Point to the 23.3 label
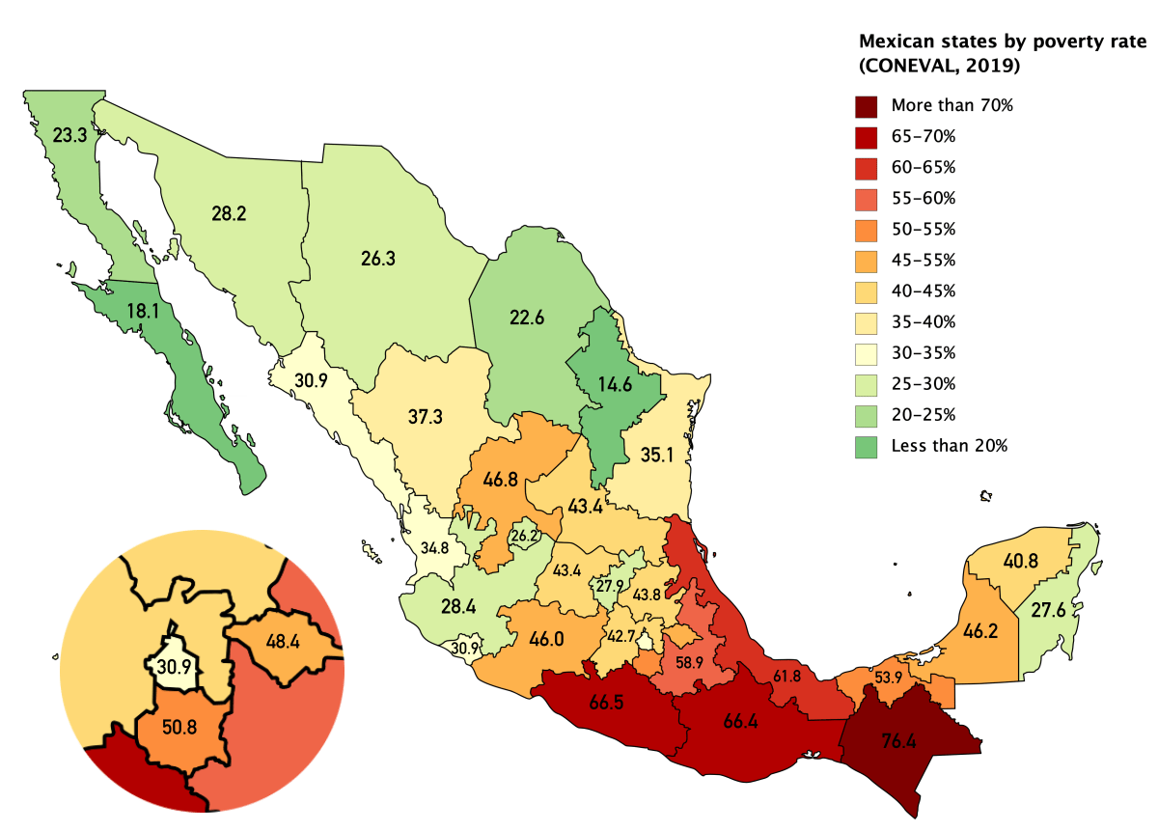pyautogui.click(x=69, y=136)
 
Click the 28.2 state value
pyautogui.click(x=229, y=212)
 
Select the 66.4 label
pyautogui.click(x=742, y=719)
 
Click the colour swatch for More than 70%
pyautogui.click(x=866, y=106)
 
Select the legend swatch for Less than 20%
pyautogui.click(x=866, y=445)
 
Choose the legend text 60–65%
pyautogui.click(x=923, y=168)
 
